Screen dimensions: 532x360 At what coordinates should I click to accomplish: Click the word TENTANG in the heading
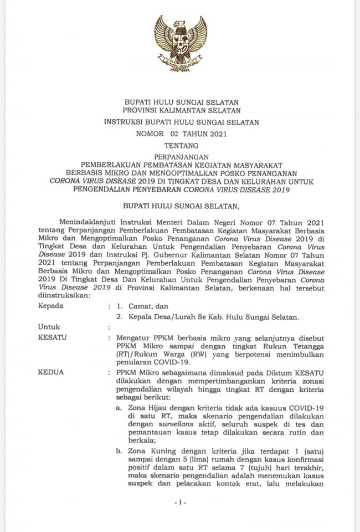point(181,146)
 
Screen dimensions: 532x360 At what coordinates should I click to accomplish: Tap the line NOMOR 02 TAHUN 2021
point(181,134)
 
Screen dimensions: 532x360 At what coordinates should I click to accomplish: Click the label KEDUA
point(50,372)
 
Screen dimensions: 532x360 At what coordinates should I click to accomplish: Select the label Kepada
point(50,306)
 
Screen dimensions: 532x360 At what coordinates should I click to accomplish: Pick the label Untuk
point(49,327)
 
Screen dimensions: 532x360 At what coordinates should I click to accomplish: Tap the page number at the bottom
point(181,502)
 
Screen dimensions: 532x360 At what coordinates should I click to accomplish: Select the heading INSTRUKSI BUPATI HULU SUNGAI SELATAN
point(181,122)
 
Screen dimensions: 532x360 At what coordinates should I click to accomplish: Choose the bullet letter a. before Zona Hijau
point(119,408)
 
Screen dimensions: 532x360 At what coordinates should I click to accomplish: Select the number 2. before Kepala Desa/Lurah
point(119,317)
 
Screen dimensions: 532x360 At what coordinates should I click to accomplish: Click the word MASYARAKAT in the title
point(254,165)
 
